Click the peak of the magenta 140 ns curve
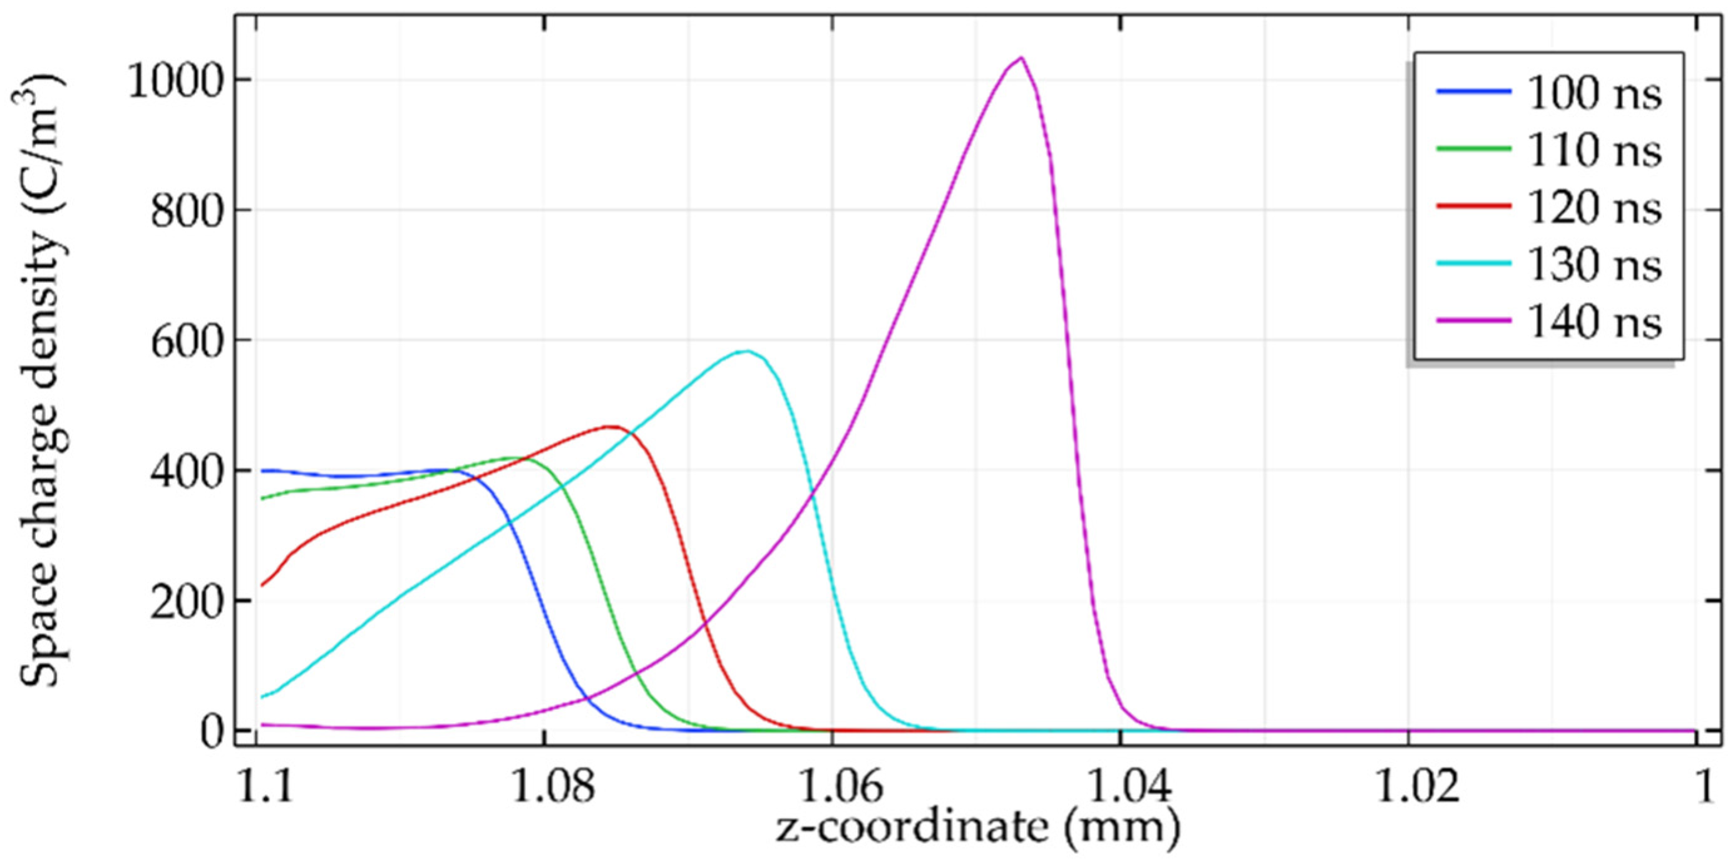pyautogui.click(x=1022, y=58)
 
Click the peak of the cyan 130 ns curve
pyautogui.click(x=746, y=351)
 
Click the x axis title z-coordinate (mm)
pyautogui.click(x=978, y=827)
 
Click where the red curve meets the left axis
pyautogui.click(x=262, y=585)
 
